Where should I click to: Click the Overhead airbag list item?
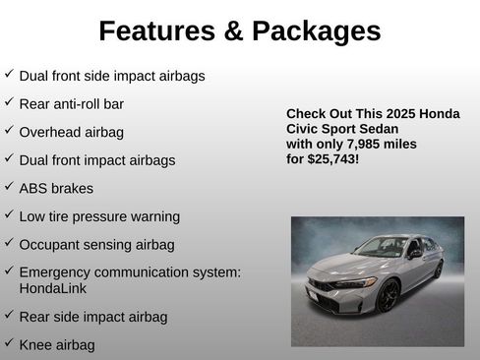point(71,132)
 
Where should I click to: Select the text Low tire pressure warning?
point(99,216)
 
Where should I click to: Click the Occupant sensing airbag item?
point(96,244)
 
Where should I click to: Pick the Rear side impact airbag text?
point(93,317)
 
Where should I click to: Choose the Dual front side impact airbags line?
point(112,75)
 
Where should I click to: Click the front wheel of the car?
point(389,295)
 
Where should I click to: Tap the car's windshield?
point(381,247)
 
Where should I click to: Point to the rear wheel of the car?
point(438,269)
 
